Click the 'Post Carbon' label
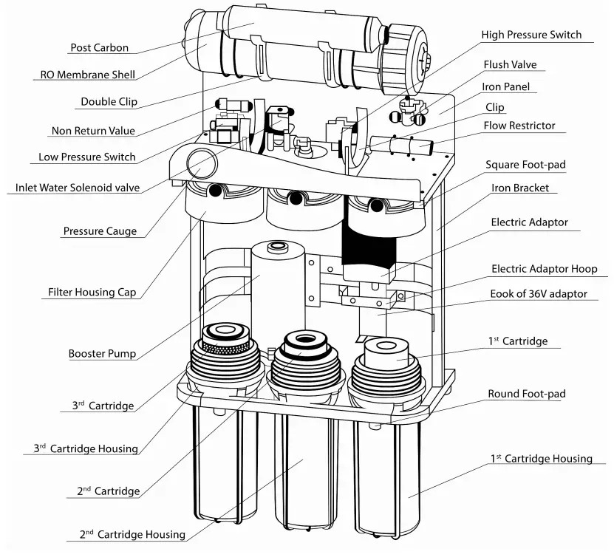pyautogui.click(x=99, y=48)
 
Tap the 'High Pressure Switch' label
pyautogui.click(x=531, y=35)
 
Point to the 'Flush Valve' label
pyautogui.click(x=510, y=64)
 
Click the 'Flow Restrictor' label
pyautogui.click(x=519, y=126)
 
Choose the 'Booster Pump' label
pyautogui.click(x=102, y=354)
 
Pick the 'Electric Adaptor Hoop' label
pyautogui.click(x=544, y=269)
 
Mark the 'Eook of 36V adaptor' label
pyautogui.click(x=539, y=293)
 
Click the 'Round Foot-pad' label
pyautogui.click(x=526, y=394)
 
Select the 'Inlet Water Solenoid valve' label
pyautogui.click(x=78, y=188)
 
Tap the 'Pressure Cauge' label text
pyautogui.click(x=100, y=231)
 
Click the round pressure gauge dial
pyautogui.click(x=199, y=163)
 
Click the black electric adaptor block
pyautogui.click(x=367, y=236)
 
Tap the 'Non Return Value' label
pyautogui.click(x=93, y=131)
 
